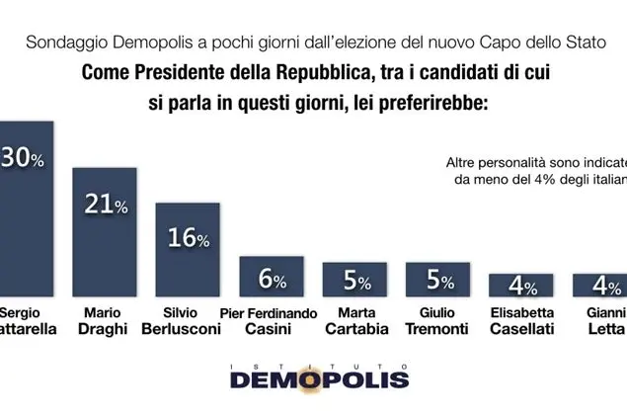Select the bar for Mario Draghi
coord(104,237)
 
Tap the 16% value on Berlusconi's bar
coord(188,239)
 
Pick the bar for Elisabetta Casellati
coord(520,286)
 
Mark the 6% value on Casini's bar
coord(273,281)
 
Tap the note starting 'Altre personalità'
coord(534,170)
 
